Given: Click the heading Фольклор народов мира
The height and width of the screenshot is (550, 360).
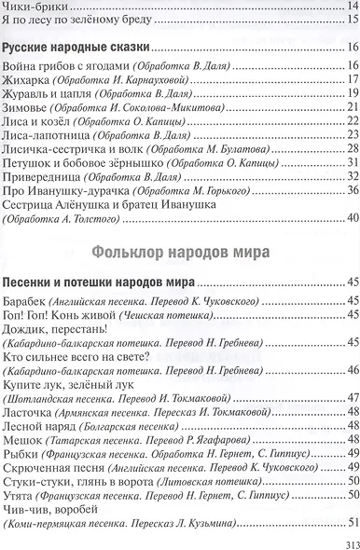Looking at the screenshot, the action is (x=180, y=250).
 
